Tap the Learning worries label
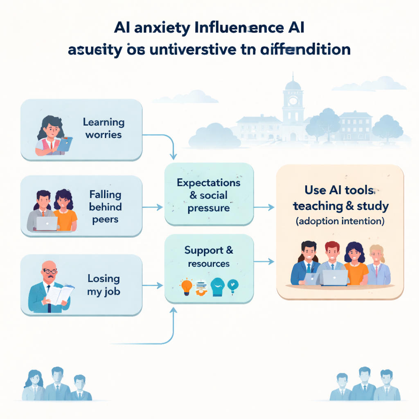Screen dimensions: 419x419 pyautogui.click(x=104, y=128)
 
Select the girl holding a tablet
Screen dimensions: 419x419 pyautogui.click(x=51, y=135)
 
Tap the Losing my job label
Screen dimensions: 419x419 pyautogui.click(x=104, y=285)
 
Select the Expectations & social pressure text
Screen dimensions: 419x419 pyautogui.click(x=209, y=195)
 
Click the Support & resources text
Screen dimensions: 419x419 pyautogui.click(x=209, y=256)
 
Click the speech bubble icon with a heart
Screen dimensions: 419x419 pyautogui.click(x=233, y=286)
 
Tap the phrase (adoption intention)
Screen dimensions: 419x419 pyautogui.click(x=340, y=222)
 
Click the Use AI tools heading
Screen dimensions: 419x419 pyautogui.click(x=340, y=190)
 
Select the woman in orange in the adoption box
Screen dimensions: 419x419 pyautogui.click(x=355, y=264)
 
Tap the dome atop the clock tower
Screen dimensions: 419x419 pyautogui.click(x=293, y=85)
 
